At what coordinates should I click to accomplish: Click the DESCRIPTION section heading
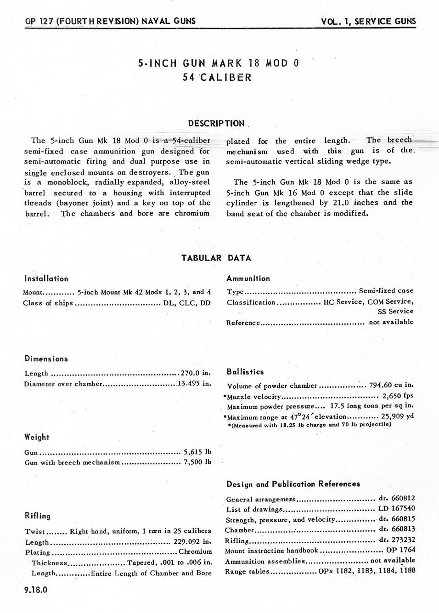(216, 123)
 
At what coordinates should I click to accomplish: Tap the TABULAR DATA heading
(216, 258)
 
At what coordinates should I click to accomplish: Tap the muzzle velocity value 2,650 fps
(398, 396)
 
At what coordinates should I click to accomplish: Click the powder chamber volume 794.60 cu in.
(391, 385)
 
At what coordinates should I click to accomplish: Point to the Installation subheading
(46, 278)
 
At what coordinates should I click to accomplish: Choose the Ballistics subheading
(245, 372)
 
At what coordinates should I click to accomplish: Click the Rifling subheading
(38, 516)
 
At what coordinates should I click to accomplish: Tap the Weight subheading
(37, 437)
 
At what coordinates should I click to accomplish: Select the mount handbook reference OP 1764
(400, 550)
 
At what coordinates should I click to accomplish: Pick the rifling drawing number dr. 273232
(397, 540)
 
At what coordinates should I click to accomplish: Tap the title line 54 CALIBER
(217, 77)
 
